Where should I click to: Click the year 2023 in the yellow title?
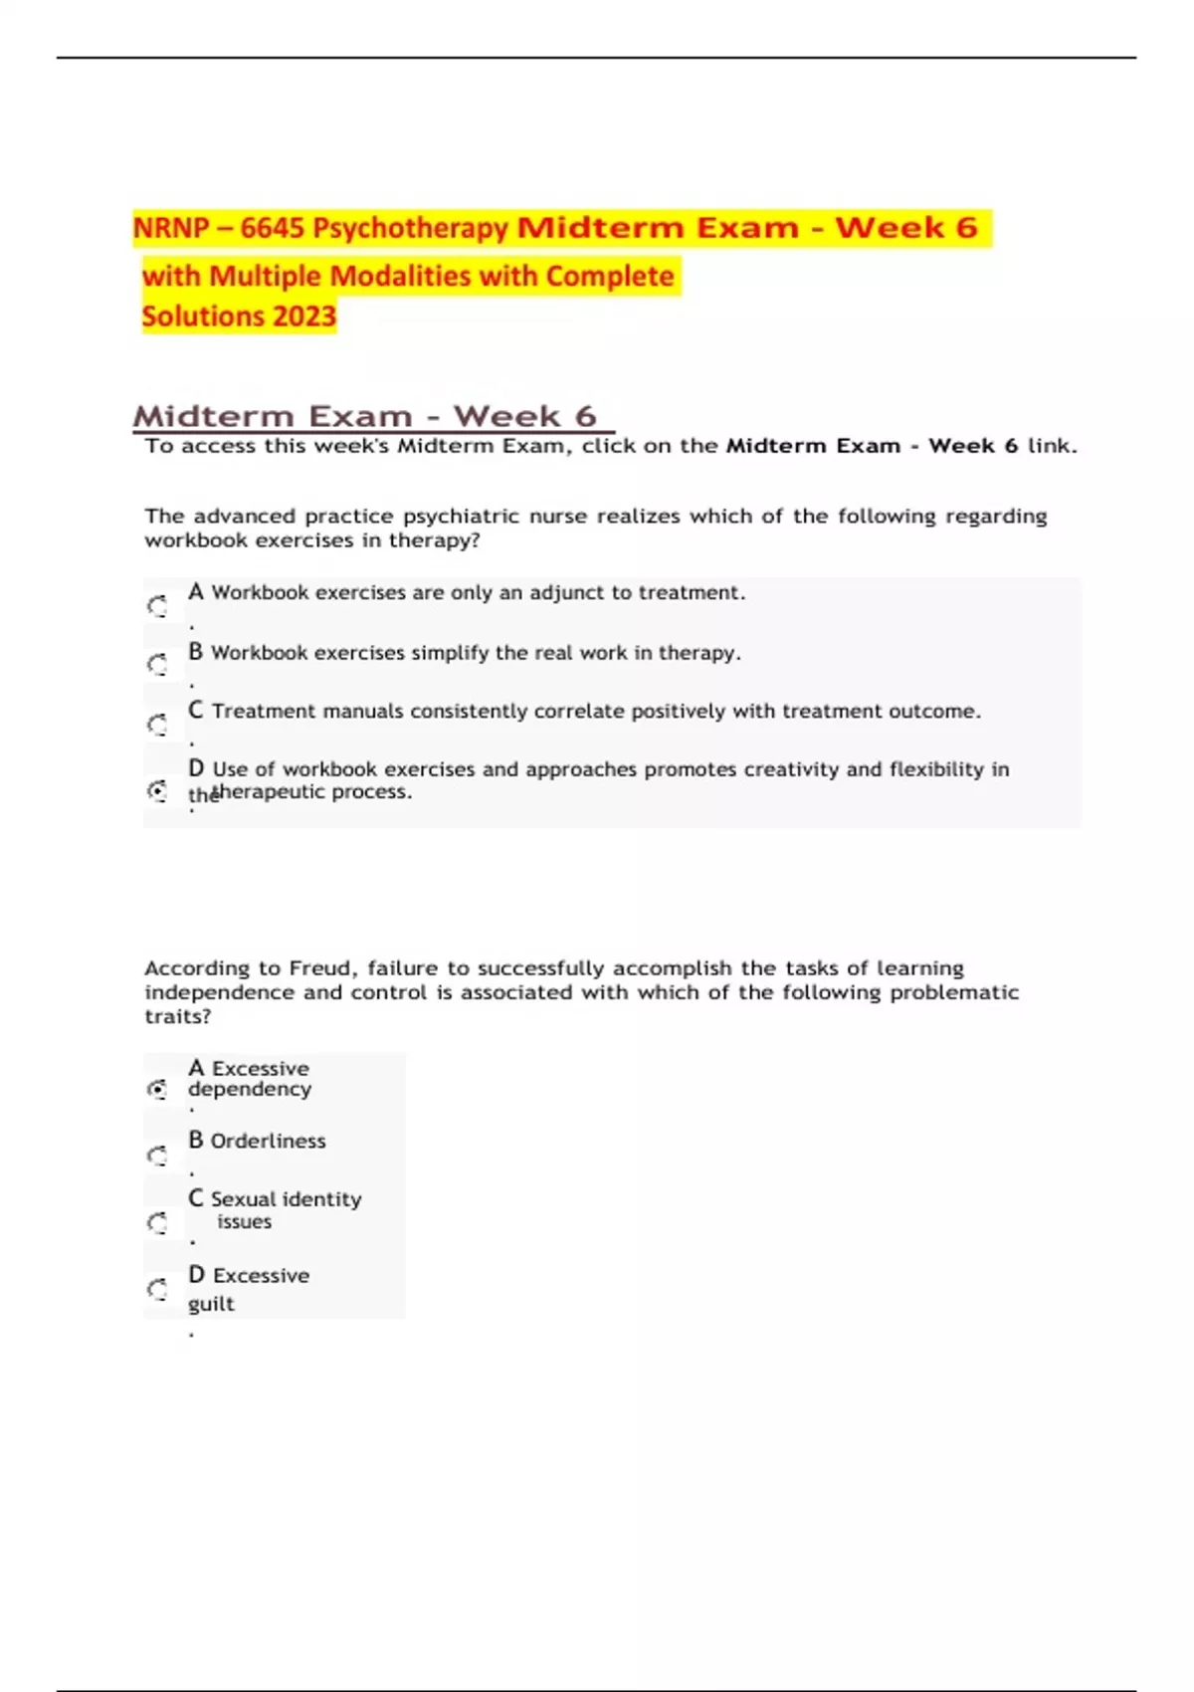pos(304,317)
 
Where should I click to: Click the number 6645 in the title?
pos(272,228)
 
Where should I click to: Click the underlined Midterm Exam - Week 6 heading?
pos(365,416)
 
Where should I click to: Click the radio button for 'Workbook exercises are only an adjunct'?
pos(157,605)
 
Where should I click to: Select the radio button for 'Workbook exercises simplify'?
pos(157,664)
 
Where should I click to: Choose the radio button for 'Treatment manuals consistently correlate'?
pos(157,724)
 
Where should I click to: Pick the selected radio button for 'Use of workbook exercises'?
pos(157,791)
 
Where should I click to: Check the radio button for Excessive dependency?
pos(157,1089)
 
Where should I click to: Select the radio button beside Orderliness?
pos(157,1156)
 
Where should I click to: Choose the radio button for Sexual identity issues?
pos(157,1222)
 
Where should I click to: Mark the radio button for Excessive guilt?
pos(157,1290)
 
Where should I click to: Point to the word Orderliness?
pos(268,1142)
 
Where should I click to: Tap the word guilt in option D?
pos(211,1304)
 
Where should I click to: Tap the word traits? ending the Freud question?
pos(178,1016)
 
